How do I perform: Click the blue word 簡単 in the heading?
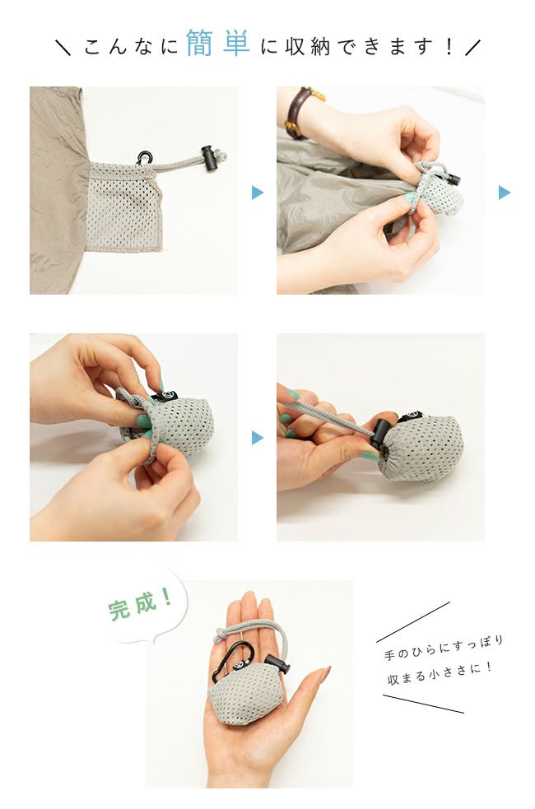(217, 44)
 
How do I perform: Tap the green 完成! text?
(141, 606)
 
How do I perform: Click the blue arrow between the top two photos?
(258, 193)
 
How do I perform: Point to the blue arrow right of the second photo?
(504, 193)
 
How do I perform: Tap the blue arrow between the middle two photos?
(258, 438)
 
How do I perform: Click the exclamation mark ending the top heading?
(449, 46)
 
